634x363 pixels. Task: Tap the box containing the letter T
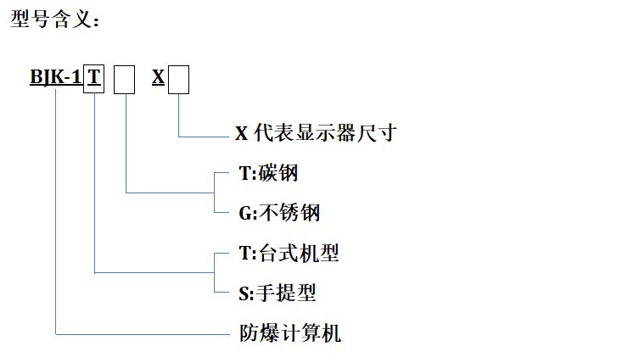pyautogui.click(x=93, y=79)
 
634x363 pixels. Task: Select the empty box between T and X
pyautogui.click(x=125, y=80)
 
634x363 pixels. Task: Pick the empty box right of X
pyautogui.click(x=178, y=80)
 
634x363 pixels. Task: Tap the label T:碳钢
pyautogui.click(x=268, y=173)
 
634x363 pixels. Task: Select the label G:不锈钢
pyautogui.click(x=278, y=212)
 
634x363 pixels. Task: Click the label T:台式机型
pyautogui.click(x=289, y=253)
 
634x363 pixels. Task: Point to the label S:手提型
pyautogui.click(x=277, y=293)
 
